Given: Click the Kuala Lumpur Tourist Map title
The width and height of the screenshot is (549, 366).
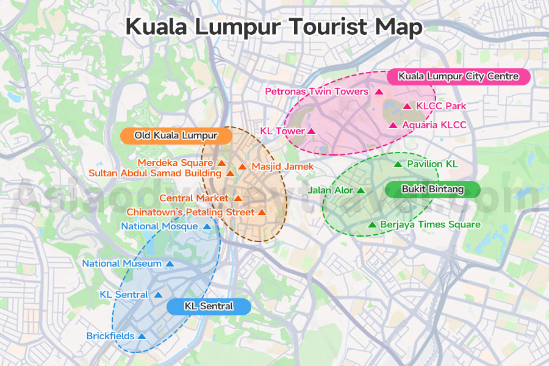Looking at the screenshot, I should point(274,27).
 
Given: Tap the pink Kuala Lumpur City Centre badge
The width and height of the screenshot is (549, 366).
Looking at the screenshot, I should point(458,77).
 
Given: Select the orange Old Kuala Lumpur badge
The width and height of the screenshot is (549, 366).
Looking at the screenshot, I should point(176,135).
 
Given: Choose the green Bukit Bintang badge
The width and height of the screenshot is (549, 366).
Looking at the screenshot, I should point(432,190).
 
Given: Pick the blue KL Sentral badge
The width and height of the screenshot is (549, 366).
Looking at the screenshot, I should point(209,306).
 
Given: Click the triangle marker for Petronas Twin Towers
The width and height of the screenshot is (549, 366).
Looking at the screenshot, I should point(378,92).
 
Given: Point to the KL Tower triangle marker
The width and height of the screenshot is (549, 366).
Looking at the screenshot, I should point(311,131).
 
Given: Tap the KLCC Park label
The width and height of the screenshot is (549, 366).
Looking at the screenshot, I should point(441,106).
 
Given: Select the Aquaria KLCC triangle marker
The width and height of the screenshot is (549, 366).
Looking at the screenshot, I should point(393,126).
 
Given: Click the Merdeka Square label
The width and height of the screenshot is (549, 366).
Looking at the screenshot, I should point(175,163).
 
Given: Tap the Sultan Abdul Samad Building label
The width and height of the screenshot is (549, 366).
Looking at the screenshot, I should point(155,173).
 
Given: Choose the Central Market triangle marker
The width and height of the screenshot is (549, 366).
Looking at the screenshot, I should point(237,199).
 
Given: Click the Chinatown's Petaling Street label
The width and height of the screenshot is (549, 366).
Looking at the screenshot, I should point(190,212).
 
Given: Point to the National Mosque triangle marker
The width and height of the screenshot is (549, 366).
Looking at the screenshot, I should point(206,227).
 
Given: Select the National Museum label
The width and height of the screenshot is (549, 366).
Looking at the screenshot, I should point(122,264).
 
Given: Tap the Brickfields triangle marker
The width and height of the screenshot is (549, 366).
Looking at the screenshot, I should point(142,336).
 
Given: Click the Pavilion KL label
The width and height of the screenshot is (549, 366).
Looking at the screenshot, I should point(432,164).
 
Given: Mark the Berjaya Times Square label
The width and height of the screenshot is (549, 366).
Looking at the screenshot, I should point(430,224).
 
